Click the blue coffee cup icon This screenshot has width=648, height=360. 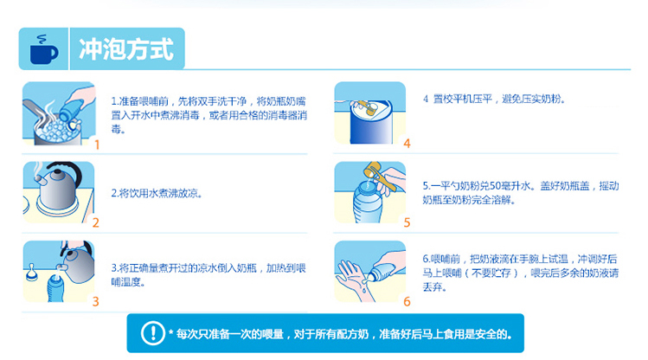point(44,50)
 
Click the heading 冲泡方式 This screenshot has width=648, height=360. point(126,49)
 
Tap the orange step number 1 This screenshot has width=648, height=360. point(97,145)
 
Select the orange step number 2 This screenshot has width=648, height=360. point(95,222)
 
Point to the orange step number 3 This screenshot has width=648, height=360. point(95,301)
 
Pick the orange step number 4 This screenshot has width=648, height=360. point(407,144)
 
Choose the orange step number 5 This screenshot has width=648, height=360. point(407,222)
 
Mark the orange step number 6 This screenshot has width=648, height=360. point(407,301)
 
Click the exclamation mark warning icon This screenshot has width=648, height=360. point(153,332)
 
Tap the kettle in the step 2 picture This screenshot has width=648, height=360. point(59,185)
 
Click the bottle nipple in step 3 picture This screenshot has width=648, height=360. point(31,273)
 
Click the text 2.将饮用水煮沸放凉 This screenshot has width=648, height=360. point(157,193)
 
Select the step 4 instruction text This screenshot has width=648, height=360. point(494,100)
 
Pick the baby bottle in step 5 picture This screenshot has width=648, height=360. point(367,202)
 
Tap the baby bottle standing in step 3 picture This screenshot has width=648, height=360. point(55,288)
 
